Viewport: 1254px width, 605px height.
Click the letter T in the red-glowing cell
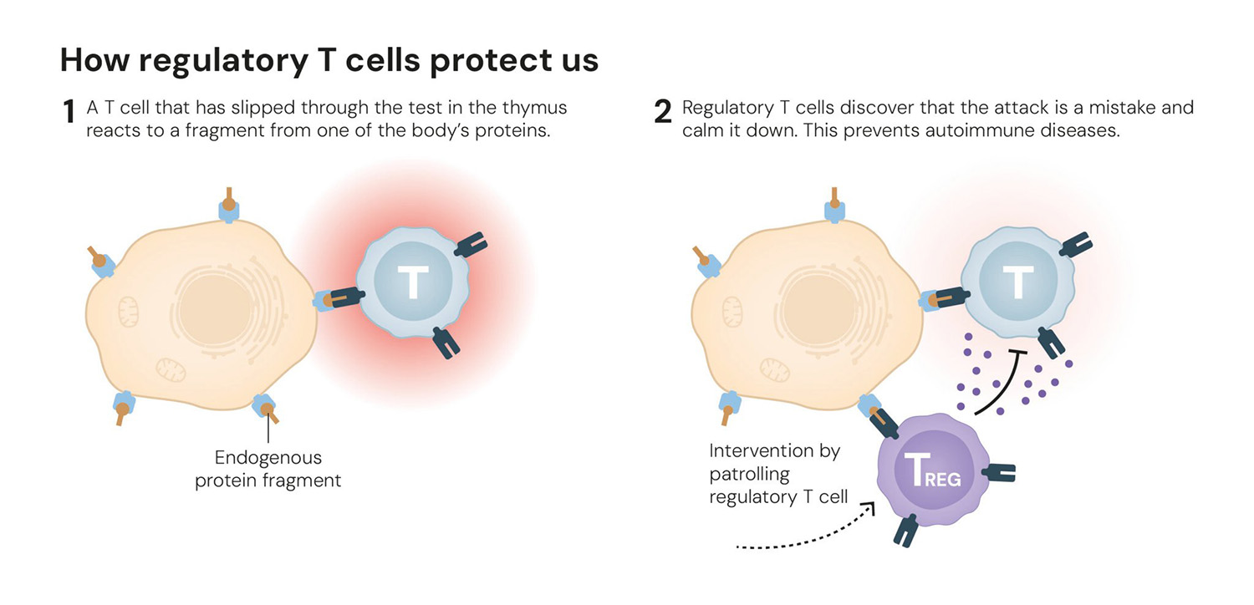pos(411,282)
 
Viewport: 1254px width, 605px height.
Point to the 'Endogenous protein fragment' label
pos(268,469)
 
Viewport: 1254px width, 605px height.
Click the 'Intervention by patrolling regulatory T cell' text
pos(777,474)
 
